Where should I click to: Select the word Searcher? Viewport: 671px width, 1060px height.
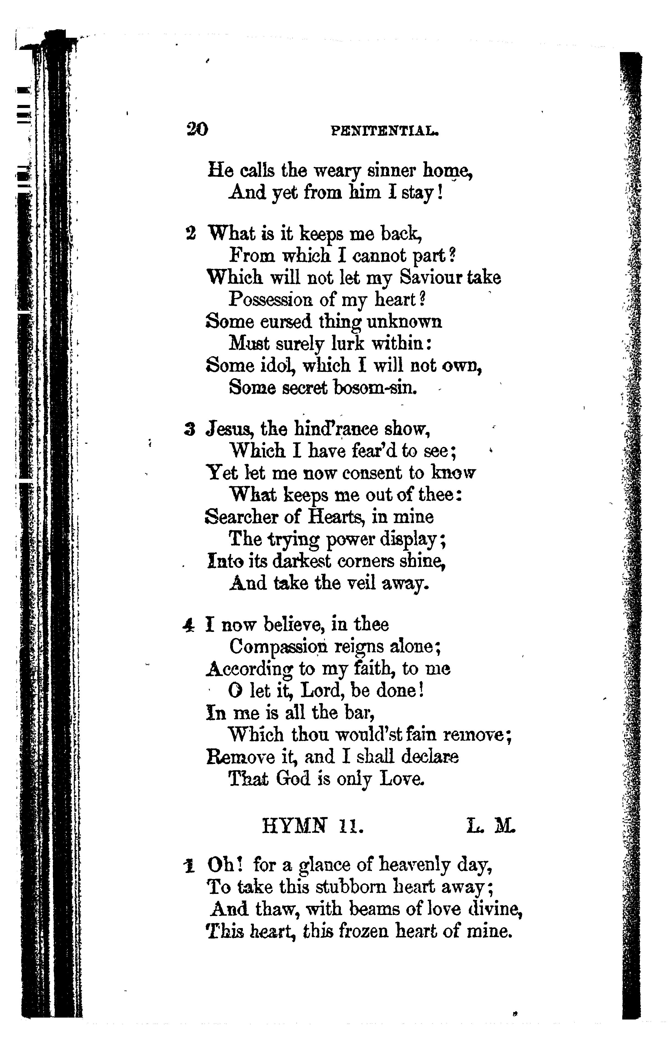[x=242, y=517]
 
